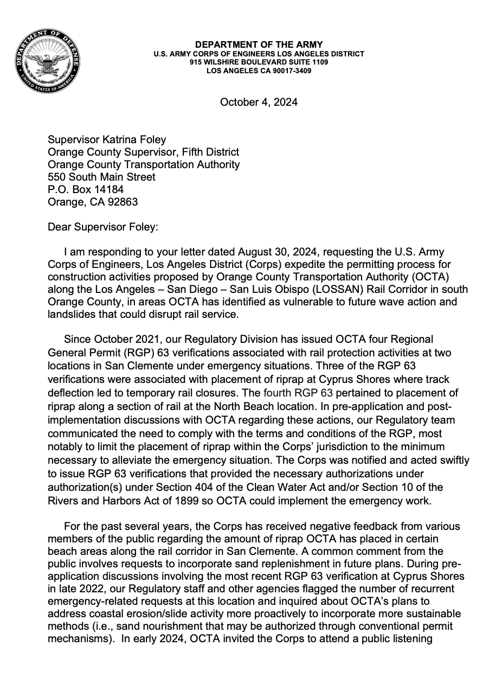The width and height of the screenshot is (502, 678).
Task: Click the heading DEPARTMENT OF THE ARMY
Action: click(259, 44)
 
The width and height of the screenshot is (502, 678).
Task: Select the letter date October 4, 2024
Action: click(259, 102)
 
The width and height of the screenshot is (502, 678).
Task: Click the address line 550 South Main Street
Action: click(101, 177)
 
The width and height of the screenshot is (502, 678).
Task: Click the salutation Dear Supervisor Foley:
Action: click(102, 227)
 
